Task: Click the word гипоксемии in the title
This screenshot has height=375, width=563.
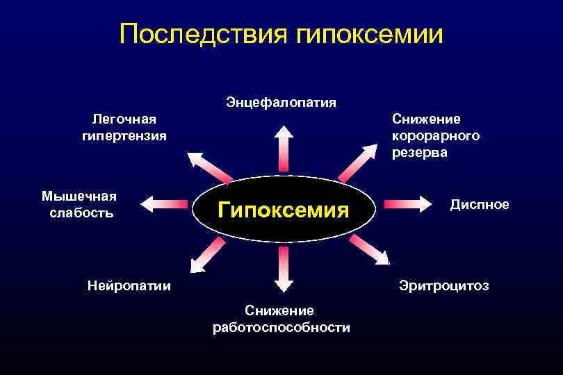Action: click(x=368, y=33)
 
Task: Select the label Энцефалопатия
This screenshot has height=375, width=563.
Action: click(x=281, y=103)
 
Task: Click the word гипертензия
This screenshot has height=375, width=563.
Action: click(x=124, y=135)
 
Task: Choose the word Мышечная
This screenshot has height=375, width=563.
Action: click(x=79, y=196)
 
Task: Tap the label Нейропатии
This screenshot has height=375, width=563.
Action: click(x=129, y=285)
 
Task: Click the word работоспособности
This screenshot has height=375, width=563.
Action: click(x=281, y=327)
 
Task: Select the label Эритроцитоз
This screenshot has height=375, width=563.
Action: click(x=443, y=285)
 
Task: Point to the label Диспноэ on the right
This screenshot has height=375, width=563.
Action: click(x=480, y=204)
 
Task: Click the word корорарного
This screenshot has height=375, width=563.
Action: click(x=436, y=135)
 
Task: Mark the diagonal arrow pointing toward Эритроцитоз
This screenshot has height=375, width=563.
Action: click(x=368, y=249)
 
